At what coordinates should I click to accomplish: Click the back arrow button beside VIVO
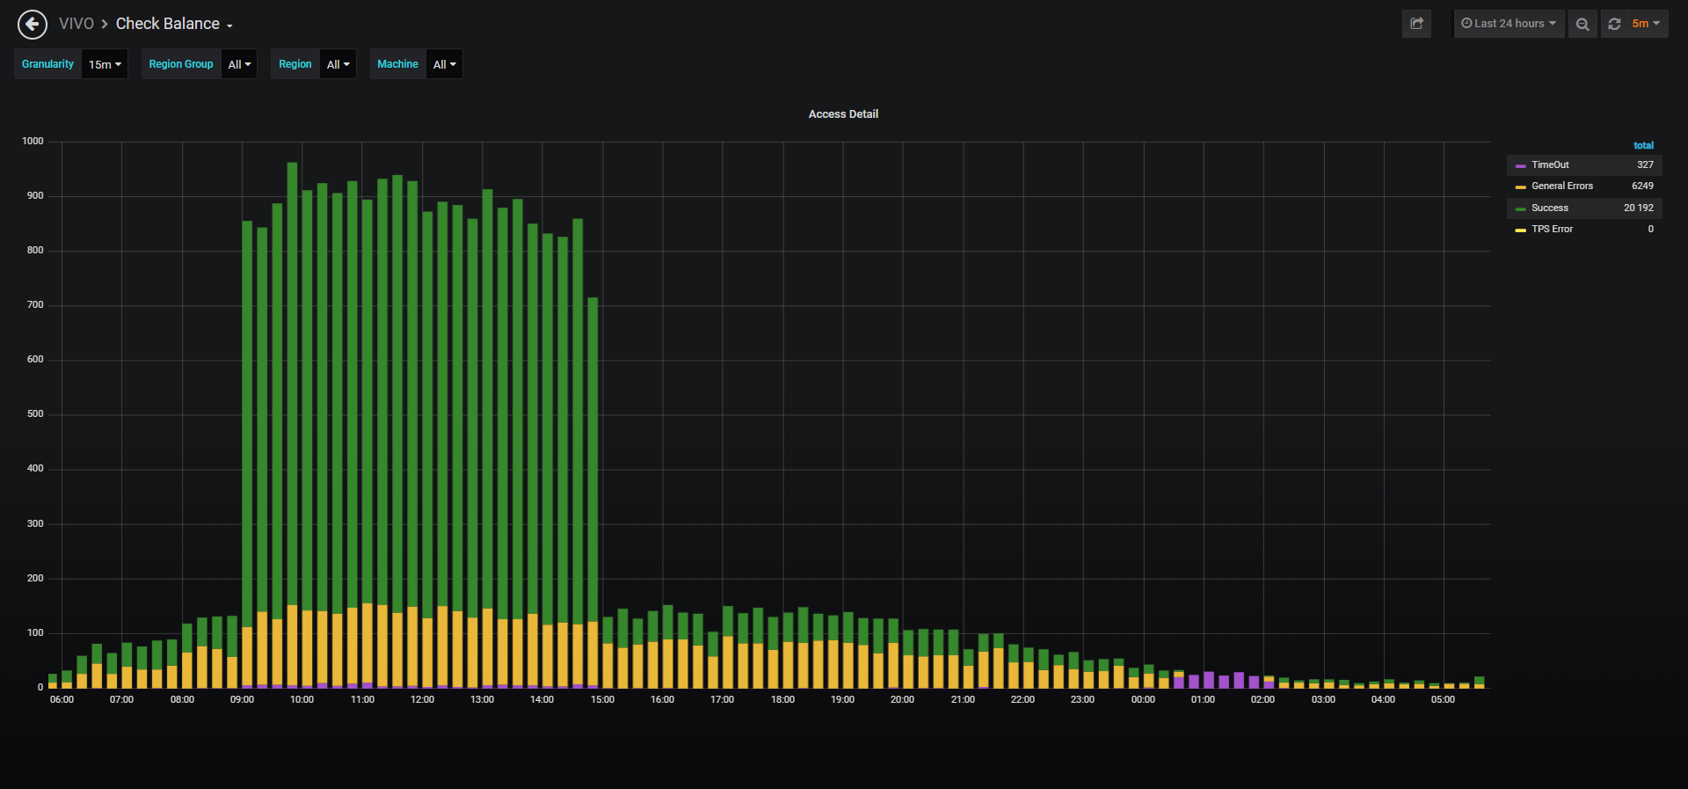pos(33,25)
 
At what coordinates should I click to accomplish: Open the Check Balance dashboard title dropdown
pos(174,24)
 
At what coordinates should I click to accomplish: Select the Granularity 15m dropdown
pos(105,64)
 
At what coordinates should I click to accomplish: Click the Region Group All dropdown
pos(239,64)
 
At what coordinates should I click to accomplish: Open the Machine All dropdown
pos(445,64)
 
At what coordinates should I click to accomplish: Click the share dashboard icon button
pos(1416,24)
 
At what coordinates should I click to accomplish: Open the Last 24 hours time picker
pos(1509,24)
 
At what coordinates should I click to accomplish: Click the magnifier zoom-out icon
pos(1582,24)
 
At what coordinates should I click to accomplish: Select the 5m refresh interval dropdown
pos(1646,24)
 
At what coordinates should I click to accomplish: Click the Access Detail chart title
pos(843,114)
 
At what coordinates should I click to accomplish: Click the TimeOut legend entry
pos(1550,165)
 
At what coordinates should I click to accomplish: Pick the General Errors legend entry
pos(1562,186)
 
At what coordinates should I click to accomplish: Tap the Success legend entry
pos(1550,208)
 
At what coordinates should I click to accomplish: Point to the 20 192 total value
pos(1639,208)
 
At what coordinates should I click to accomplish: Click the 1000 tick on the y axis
pos(33,142)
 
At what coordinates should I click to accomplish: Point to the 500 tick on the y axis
pos(35,414)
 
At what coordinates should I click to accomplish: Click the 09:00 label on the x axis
pos(242,700)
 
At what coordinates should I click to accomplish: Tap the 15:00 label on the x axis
pos(602,700)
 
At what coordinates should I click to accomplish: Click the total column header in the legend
pos(1643,146)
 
